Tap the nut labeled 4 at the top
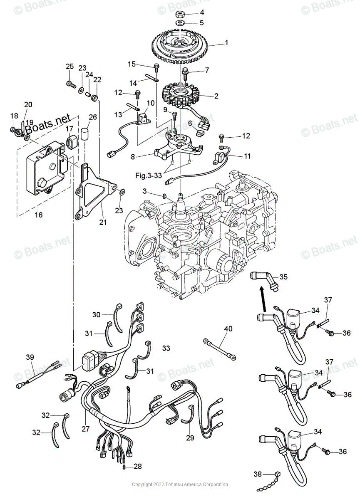point(181,13)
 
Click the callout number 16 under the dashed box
point(39,215)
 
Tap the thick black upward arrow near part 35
point(262,295)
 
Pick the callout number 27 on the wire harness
point(86,429)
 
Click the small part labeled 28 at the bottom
point(124,467)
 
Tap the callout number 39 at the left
point(30,357)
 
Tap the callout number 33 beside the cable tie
point(166,348)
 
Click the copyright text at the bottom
point(180,484)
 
